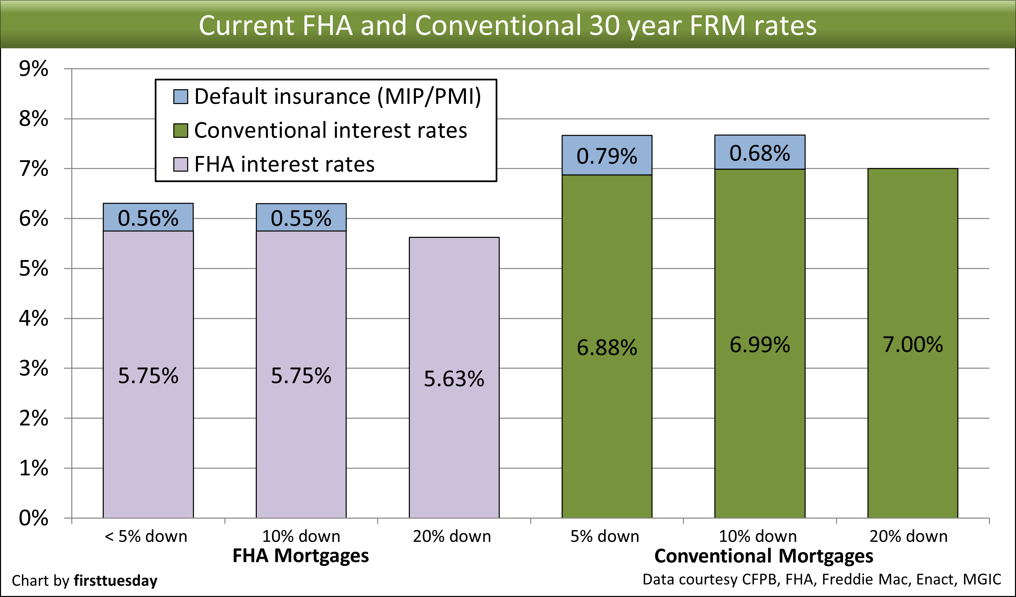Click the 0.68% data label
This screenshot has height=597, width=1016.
760,153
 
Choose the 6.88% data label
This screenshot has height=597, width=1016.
607,347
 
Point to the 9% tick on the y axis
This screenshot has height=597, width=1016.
33,69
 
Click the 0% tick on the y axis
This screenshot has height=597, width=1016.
33,518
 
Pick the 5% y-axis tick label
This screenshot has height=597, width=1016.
33,269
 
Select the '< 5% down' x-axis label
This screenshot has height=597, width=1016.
146,537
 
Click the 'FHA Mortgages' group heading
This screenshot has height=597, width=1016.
301,555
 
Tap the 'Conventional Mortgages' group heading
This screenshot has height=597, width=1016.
764,556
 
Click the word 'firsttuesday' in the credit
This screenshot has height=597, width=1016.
116,580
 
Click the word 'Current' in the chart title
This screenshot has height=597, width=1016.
246,25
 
